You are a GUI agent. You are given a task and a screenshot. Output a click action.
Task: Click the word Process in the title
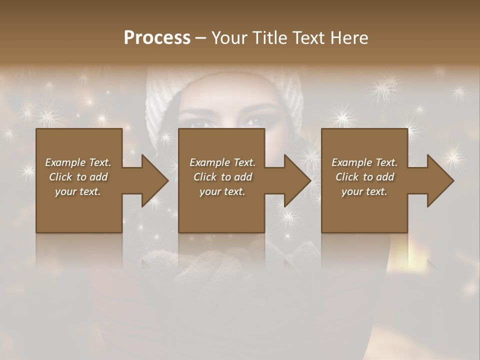[157, 38]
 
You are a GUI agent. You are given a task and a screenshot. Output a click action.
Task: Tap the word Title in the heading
[270, 38]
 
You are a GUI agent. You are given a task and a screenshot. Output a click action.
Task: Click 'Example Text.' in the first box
[78, 162]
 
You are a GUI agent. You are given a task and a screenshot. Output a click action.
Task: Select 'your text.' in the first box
[78, 191]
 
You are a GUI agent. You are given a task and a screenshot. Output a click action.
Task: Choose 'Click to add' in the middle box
[222, 177]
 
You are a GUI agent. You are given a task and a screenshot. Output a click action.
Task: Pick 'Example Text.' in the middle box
[222, 162]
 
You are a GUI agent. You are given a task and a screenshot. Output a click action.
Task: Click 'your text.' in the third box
[364, 191]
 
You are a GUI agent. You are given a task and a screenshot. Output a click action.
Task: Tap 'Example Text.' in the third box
[364, 162]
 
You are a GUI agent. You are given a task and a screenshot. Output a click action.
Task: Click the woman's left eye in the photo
[255, 121]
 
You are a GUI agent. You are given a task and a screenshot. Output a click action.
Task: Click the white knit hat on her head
[225, 85]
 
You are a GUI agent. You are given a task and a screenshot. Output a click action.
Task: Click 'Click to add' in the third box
[364, 177]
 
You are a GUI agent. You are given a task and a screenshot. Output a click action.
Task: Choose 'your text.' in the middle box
[222, 191]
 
